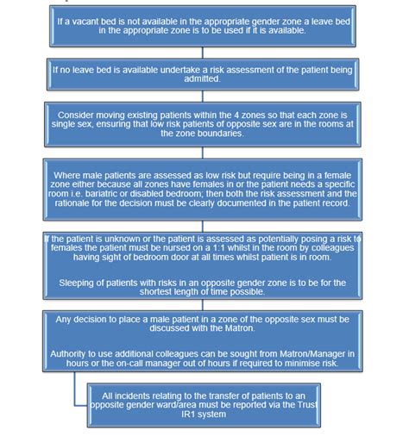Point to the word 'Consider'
[101, 113]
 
